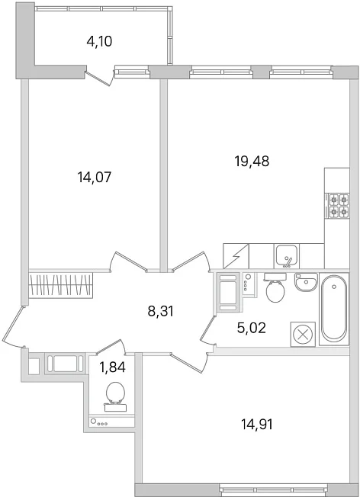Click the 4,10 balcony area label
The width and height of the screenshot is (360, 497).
pos(100,41)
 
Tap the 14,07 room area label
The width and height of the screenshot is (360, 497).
pos(95,177)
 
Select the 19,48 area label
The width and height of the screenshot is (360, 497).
pos(252,162)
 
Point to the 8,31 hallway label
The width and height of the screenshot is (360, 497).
pos(161,311)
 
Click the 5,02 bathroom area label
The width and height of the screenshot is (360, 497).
pos(251,328)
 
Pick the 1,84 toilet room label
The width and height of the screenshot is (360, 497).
pos(113,367)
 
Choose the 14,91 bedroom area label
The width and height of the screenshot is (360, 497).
pos(257,424)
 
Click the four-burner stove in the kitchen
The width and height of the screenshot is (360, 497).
pos(337,206)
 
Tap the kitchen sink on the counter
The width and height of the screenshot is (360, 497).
pos(287,256)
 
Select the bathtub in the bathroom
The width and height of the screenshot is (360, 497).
pos(333,309)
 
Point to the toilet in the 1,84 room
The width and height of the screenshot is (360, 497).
pos(114,396)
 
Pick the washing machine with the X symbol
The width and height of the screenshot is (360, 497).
pos(303,334)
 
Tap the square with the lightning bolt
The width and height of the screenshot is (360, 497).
pos(236,256)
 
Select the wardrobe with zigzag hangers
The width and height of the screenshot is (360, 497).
pos(60,285)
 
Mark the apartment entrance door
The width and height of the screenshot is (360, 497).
pos(13,326)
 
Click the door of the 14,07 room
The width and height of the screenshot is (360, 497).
pos(128,261)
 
